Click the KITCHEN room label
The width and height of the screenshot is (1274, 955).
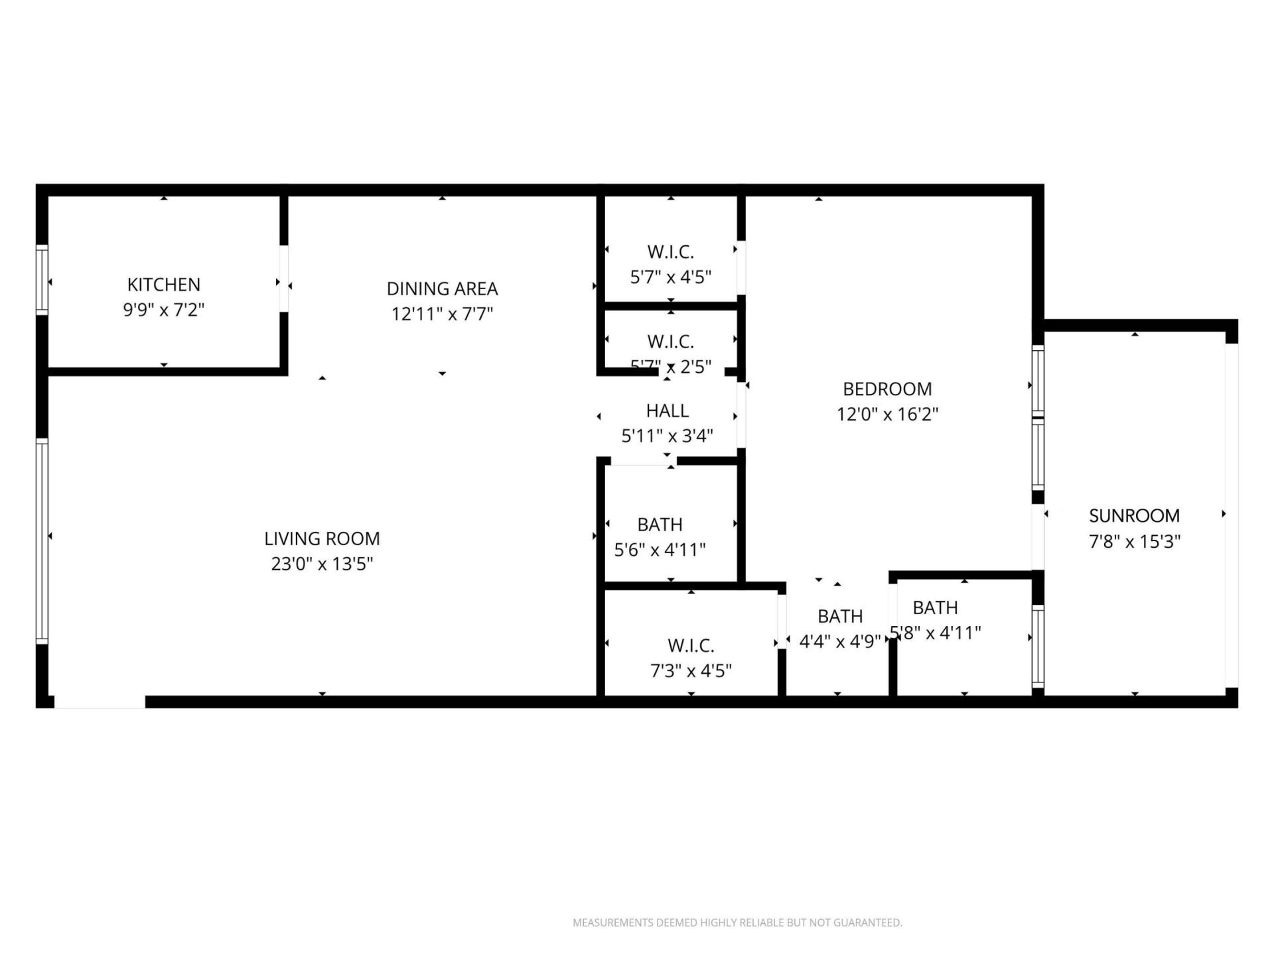pyautogui.click(x=164, y=285)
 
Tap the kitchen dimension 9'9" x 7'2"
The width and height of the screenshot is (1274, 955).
pyautogui.click(x=164, y=310)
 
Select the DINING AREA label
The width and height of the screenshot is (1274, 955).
pyautogui.click(x=442, y=288)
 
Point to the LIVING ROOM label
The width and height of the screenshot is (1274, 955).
pyautogui.click(x=322, y=539)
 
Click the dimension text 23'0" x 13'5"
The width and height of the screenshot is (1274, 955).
pyautogui.click(x=322, y=564)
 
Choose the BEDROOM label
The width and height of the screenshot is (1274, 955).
pyautogui.click(x=887, y=389)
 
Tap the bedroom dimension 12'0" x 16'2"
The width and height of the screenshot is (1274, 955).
pyautogui.click(x=887, y=414)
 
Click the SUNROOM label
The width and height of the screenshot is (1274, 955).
pyautogui.click(x=1134, y=515)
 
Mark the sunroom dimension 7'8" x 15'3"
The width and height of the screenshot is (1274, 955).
pyautogui.click(x=1134, y=541)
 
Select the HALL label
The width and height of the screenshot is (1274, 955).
pyautogui.click(x=667, y=411)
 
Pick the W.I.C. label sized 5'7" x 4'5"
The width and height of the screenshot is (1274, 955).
pyautogui.click(x=670, y=252)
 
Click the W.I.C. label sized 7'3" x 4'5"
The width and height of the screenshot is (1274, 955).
pyautogui.click(x=691, y=645)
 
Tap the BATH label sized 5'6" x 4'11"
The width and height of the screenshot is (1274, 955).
pyautogui.click(x=660, y=525)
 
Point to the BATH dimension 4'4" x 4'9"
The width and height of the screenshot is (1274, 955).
pyautogui.click(x=840, y=641)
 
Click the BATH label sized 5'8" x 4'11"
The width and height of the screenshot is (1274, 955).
pyautogui.click(x=935, y=607)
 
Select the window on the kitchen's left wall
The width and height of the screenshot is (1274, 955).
pyautogui.click(x=42, y=279)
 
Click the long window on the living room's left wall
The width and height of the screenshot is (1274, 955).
pyautogui.click(x=42, y=541)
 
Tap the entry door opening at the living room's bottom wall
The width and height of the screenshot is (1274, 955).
pyautogui.click(x=100, y=702)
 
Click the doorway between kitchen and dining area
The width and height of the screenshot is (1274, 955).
pyautogui.click(x=284, y=279)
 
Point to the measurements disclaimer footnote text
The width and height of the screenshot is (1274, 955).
pyautogui.click(x=737, y=923)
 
